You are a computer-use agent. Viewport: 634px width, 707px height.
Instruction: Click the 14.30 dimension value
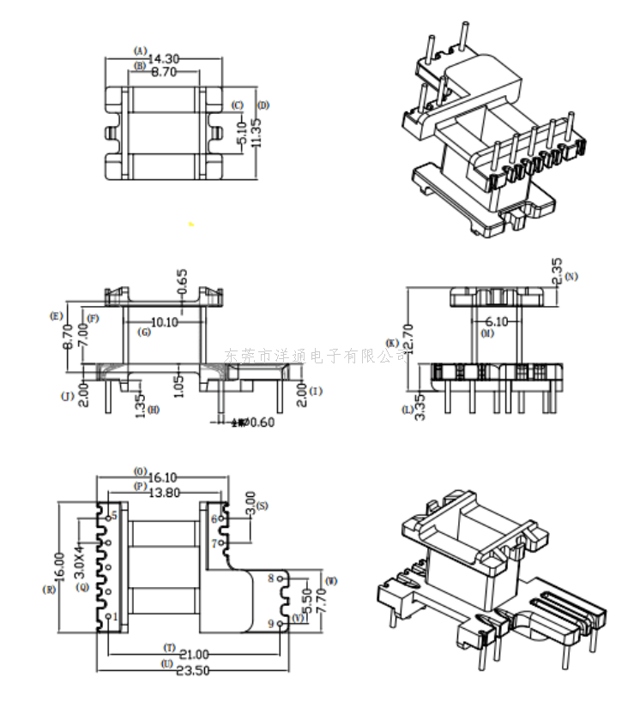point(164,59)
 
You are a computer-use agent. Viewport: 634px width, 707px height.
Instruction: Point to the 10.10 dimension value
point(164,323)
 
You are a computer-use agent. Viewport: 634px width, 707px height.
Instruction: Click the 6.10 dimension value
point(498,321)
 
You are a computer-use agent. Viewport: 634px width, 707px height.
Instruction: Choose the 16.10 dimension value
point(163,477)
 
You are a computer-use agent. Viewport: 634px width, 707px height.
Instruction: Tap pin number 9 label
point(271,625)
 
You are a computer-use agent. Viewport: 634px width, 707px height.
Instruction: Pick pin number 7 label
point(214,543)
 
